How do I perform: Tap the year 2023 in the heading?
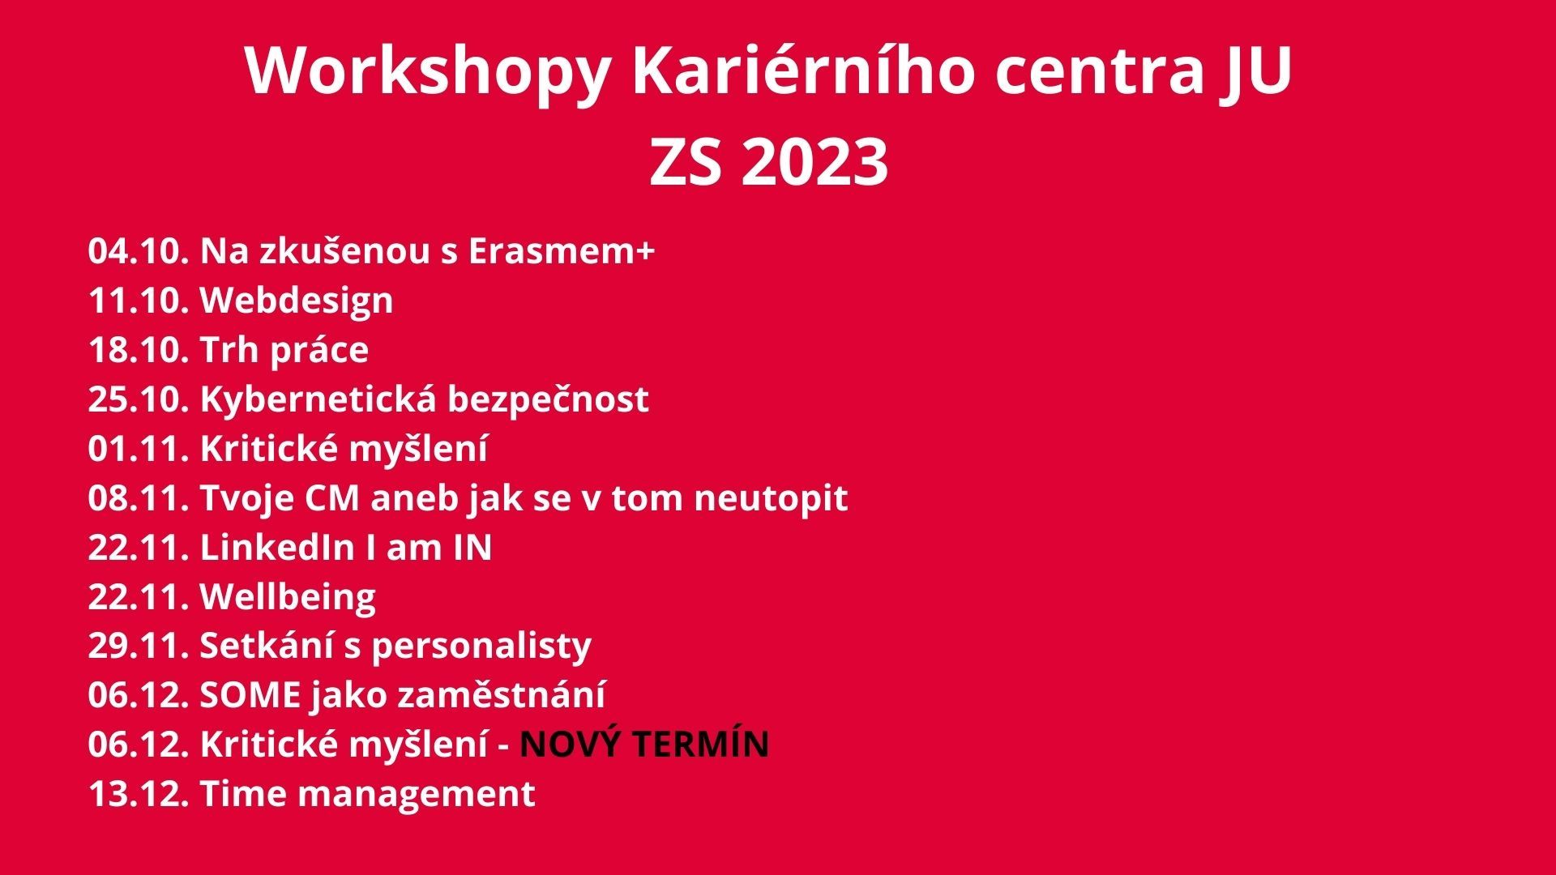coord(814,161)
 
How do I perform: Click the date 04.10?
coord(139,251)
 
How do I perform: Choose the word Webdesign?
coord(297,301)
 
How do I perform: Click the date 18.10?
coord(139,350)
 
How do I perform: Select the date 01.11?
coord(139,449)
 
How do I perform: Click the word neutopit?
coord(771,499)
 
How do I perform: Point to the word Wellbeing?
coord(288,598)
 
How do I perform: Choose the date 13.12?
coord(139,794)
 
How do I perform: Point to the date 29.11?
coord(139,646)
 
